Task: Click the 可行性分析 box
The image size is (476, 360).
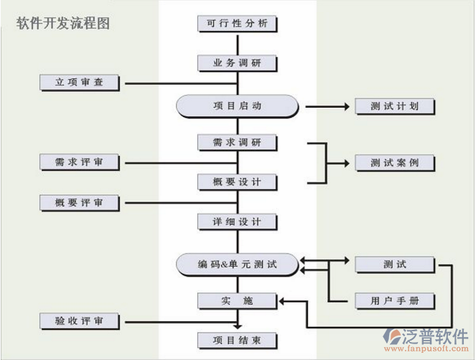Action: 237,23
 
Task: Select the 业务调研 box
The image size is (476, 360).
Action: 237,63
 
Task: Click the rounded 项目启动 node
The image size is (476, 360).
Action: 237,106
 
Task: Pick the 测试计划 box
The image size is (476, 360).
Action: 395,106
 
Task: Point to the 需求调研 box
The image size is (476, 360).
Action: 237,142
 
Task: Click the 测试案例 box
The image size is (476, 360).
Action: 395,162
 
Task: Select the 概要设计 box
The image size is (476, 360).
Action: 237,182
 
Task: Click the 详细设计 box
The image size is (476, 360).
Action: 237,221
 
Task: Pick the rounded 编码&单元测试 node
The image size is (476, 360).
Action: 237,264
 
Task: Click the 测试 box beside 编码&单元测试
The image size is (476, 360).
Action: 395,264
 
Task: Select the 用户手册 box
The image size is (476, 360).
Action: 395,300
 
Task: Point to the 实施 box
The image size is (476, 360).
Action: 237,300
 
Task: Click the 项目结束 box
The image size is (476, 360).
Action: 237,339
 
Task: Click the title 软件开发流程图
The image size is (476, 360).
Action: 63,22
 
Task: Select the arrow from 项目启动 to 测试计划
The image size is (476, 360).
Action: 326,106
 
